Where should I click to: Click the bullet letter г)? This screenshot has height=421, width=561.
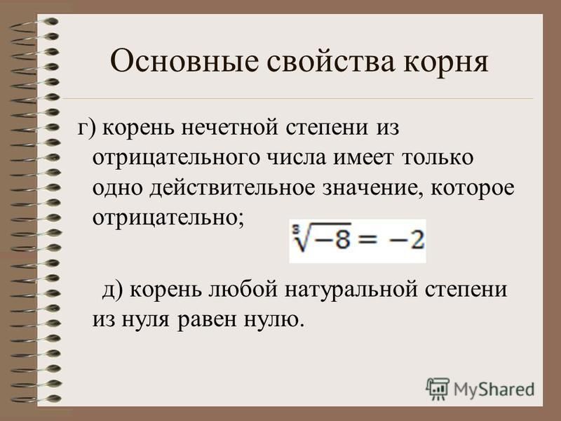87,128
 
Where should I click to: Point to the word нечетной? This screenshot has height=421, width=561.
230,128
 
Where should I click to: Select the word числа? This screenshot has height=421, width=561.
297,158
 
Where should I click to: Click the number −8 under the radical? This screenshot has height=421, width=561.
332,239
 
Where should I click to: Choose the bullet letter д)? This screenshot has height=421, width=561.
113,290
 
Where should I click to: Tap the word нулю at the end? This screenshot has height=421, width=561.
274,319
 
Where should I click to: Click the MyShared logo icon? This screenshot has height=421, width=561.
437,389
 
